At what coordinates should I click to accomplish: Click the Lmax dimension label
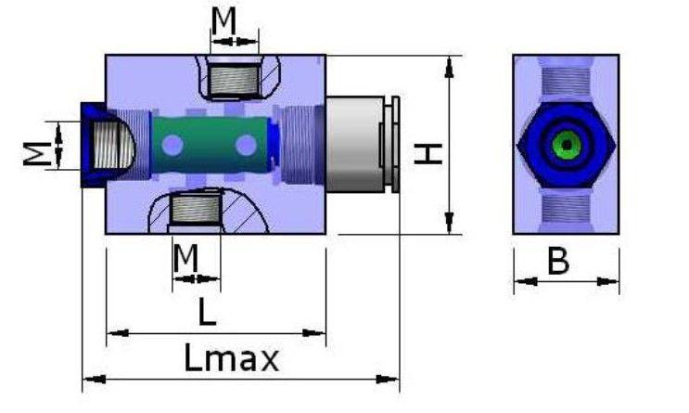231,357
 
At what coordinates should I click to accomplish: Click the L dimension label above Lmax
208,312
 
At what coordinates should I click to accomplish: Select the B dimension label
558,261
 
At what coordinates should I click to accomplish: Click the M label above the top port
223,20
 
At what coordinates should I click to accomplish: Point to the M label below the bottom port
185,258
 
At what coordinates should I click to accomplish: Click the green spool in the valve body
211,145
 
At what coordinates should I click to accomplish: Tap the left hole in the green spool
172,145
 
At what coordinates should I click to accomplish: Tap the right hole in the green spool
246,145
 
